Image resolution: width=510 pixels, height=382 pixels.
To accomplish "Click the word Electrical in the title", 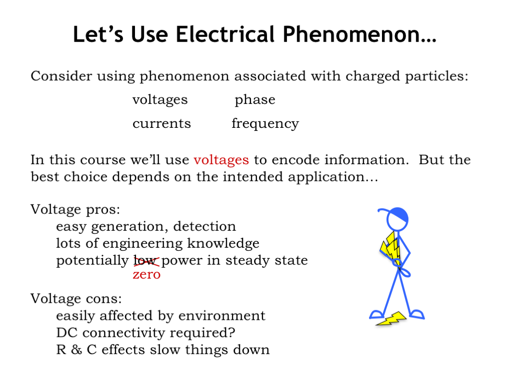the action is [x=226, y=34].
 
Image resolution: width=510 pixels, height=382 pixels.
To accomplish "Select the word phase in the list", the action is [x=255, y=100].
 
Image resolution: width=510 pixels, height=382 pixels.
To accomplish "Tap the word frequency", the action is [x=265, y=124].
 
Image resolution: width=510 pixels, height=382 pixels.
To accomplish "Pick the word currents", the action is [x=162, y=124].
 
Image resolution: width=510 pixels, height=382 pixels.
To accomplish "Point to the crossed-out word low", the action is [x=146, y=261].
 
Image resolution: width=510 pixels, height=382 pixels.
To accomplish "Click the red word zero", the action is [x=147, y=275].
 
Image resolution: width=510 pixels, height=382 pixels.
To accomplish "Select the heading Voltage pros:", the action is [x=75, y=210].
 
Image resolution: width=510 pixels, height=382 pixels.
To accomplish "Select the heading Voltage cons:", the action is [x=76, y=298].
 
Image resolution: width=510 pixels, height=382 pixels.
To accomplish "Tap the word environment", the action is [x=222, y=316].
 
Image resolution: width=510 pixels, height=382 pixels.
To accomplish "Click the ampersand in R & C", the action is [x=76, y=350].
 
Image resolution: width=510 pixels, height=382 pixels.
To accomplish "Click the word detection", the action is [x=205, y=226].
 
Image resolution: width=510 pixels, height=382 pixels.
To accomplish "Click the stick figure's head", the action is [x=397, y=219].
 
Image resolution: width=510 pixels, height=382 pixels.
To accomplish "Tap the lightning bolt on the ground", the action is [x=391, y=319].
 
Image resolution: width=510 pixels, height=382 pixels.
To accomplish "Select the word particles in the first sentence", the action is [x=436, y=77].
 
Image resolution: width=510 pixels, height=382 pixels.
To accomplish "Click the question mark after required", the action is [x=231, y=332].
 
